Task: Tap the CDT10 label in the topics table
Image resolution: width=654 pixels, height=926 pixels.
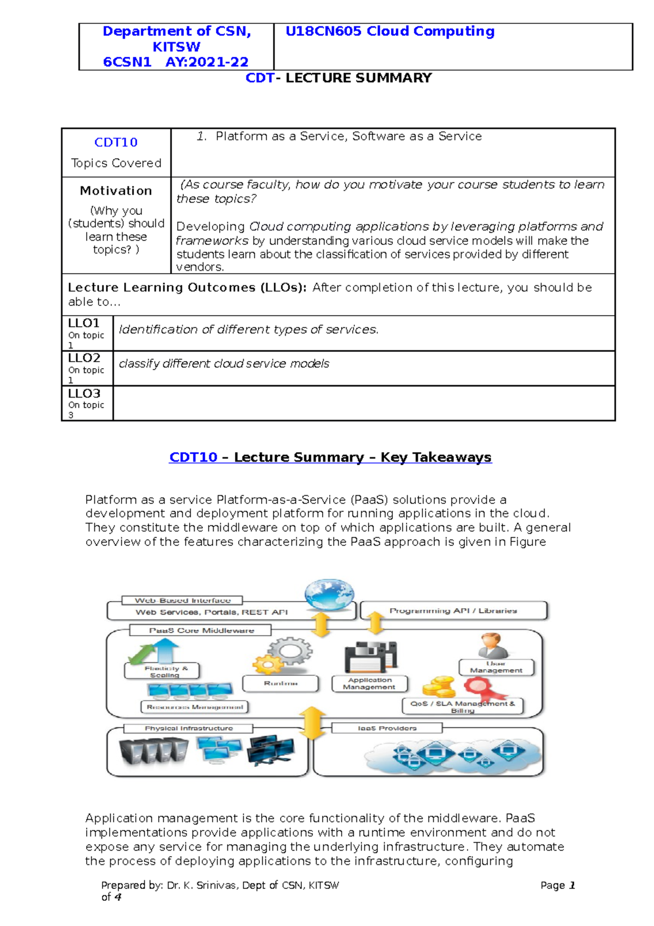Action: point(116,142)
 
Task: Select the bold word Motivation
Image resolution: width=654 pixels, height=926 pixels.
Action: point(116,191)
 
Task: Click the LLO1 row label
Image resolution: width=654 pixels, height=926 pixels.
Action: point(84,323)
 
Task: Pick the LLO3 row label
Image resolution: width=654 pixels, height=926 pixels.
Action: point(84,393)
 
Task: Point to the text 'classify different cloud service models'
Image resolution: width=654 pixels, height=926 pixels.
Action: point(224,364)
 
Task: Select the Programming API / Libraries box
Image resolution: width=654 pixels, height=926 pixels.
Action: point(453,611)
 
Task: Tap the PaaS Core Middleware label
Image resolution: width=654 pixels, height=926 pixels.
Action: point(201,630)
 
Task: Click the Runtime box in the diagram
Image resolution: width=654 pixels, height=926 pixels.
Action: point(281,683)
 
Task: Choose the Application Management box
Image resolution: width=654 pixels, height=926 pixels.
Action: point(370,683)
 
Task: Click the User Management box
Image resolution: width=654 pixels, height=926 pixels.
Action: point(496,668)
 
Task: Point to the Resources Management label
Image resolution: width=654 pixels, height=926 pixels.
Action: point(195,707)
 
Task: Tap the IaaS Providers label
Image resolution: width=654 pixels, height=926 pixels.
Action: point(387,728)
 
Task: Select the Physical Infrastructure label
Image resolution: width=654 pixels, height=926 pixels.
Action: point(189,728)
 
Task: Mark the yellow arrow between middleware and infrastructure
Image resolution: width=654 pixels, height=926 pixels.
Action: point(312,723)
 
